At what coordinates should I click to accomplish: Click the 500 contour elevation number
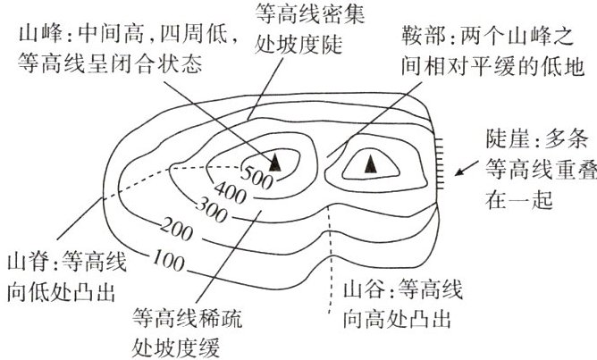[257, 178]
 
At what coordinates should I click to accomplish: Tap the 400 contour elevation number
[231, 192]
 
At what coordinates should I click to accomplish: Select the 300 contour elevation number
[212, 210]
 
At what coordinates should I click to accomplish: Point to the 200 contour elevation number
[177, 229]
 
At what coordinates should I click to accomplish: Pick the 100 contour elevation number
[169, 260]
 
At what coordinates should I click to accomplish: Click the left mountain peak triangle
[275, 162]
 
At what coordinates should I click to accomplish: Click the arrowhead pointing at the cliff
[459, 172]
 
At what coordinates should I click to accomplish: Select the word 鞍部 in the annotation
[423, 36]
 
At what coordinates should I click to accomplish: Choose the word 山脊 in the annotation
[29, 263]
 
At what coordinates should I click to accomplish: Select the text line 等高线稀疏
[188, 319]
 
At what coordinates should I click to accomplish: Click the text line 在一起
[518, 199]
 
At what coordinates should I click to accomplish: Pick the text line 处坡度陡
[298, 44]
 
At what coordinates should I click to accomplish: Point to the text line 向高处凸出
[397, 319]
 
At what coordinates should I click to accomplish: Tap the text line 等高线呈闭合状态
[110, 63]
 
